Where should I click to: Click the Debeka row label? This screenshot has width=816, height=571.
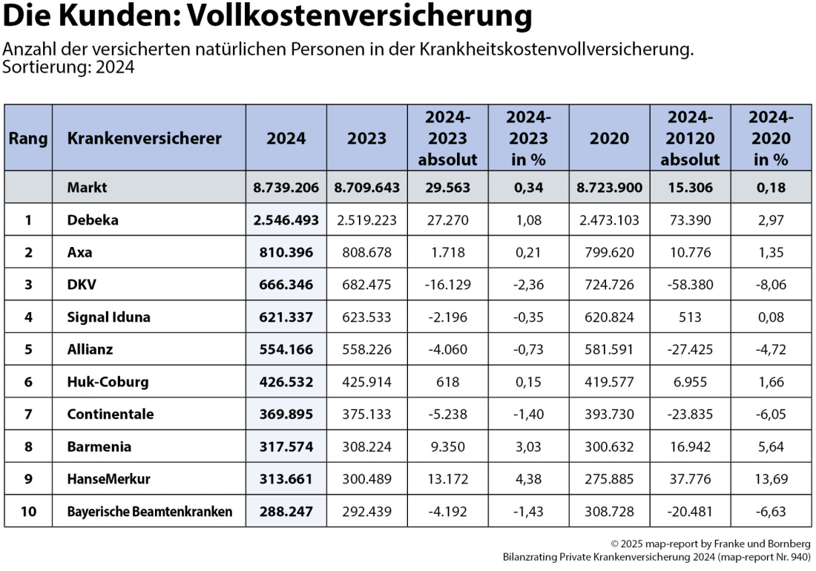pyautogui.click(x=92, y=220)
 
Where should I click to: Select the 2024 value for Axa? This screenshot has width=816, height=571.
pyautogui.click(x=286, y=252)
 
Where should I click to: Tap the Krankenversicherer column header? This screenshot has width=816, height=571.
pyautogui.click(x=144, y=138)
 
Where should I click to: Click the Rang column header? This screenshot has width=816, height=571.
pyautogui.click(x=28, y=138)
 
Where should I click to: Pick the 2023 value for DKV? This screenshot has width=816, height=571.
pyautogui.click(x=367, y=285)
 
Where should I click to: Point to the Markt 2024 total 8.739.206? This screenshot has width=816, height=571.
pyautogui.click(x=286, y=188)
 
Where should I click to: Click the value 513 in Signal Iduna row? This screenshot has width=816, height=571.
pyautogui.click(x=690, y=317)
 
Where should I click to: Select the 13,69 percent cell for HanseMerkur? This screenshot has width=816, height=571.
pyautogui.click(x=771, y=479)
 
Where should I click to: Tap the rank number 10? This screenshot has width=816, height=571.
pyautogui.click(x=28, y=511)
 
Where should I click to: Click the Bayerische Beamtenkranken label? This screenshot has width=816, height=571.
pyautogui.click(x=149, y=511)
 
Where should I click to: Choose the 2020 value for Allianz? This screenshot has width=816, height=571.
pyautogui.click(x=610, y=349)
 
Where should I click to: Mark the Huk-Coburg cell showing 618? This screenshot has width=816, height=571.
pyautogui.click(x=448, y=382)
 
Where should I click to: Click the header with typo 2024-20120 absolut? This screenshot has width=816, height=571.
pyautogui.click(x=690, y=138)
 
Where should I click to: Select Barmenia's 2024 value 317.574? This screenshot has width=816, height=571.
pyautogui.click(x=286, y=446)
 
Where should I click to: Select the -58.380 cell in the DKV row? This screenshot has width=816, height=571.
pyautogui.click(x=690, y=285)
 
